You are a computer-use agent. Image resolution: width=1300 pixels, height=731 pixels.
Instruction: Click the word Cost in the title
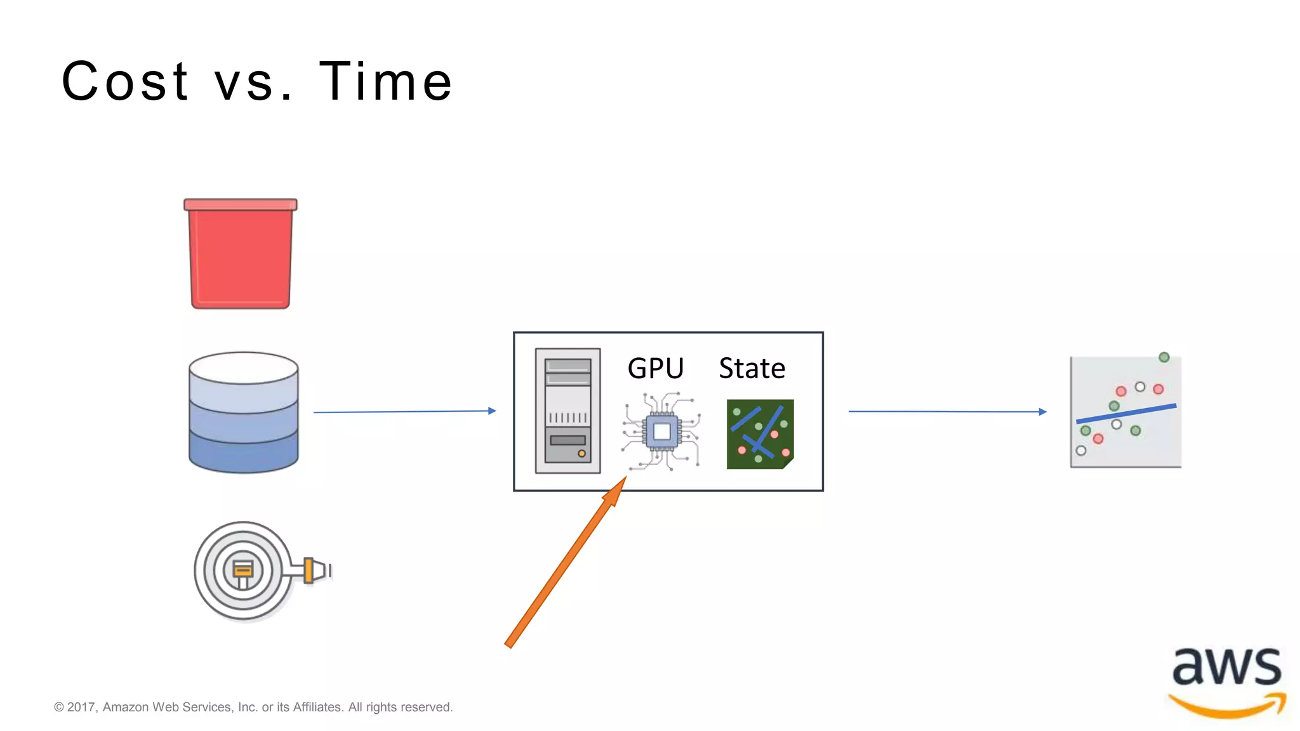point(125,81)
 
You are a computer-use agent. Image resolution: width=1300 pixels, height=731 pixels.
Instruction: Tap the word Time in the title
point(385,81)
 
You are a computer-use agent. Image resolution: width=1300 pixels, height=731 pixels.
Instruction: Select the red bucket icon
point(241,254)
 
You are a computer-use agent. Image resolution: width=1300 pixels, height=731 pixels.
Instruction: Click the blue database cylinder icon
point(244,412)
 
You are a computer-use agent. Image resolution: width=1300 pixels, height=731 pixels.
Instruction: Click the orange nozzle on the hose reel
point(309,570)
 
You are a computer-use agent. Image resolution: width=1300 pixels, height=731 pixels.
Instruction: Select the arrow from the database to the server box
point(404,412)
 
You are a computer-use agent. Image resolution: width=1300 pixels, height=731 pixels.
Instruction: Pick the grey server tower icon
point(567,411)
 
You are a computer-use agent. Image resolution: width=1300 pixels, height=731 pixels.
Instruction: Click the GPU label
point(655,368)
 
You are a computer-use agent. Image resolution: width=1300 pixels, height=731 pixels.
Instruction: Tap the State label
point(752,368)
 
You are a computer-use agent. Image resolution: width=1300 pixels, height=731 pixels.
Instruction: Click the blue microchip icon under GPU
point(661,432)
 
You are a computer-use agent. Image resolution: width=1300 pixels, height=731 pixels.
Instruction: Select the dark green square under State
point(760,434)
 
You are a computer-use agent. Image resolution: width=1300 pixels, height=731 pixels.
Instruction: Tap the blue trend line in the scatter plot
point(1126,414)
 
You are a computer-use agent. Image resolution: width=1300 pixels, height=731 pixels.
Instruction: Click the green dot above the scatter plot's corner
point(1164,357)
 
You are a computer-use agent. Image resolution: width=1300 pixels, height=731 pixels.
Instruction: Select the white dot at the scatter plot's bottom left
point(1081,451)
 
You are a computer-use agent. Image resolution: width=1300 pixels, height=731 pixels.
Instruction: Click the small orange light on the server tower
point(581,454)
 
